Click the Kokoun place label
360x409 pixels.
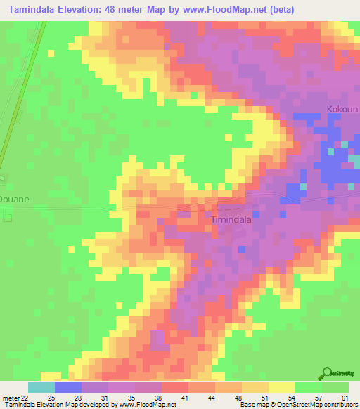pos(342,110)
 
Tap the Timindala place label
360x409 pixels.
pos(231,219)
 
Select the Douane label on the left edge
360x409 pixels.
pos(14,199)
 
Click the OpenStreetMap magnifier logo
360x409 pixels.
pos(328,374)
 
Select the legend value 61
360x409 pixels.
pos(344,398)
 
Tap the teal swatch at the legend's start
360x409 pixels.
pos(41,387)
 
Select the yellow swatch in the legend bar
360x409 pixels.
pos(282,387)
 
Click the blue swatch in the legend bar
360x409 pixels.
pos(68,387)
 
